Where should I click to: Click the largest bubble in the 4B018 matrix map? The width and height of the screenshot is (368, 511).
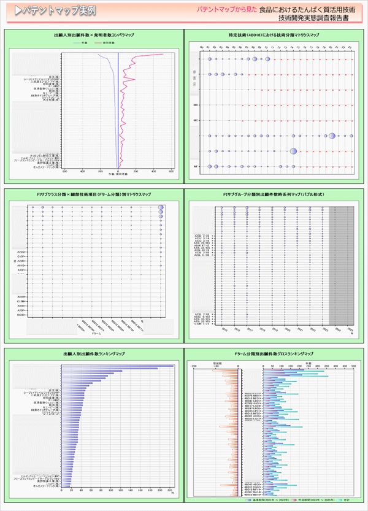tap(332, 136)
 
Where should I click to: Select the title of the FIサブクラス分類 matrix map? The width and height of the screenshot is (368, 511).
tap(94, 194)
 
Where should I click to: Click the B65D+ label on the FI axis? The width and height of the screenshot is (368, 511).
tap(21, 315)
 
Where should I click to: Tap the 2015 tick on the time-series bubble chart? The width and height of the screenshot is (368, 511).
tap(217, 329)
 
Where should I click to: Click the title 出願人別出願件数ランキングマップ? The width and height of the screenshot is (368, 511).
tap(94, 354)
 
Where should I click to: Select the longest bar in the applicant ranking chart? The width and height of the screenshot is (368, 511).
tap(117, 366)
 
